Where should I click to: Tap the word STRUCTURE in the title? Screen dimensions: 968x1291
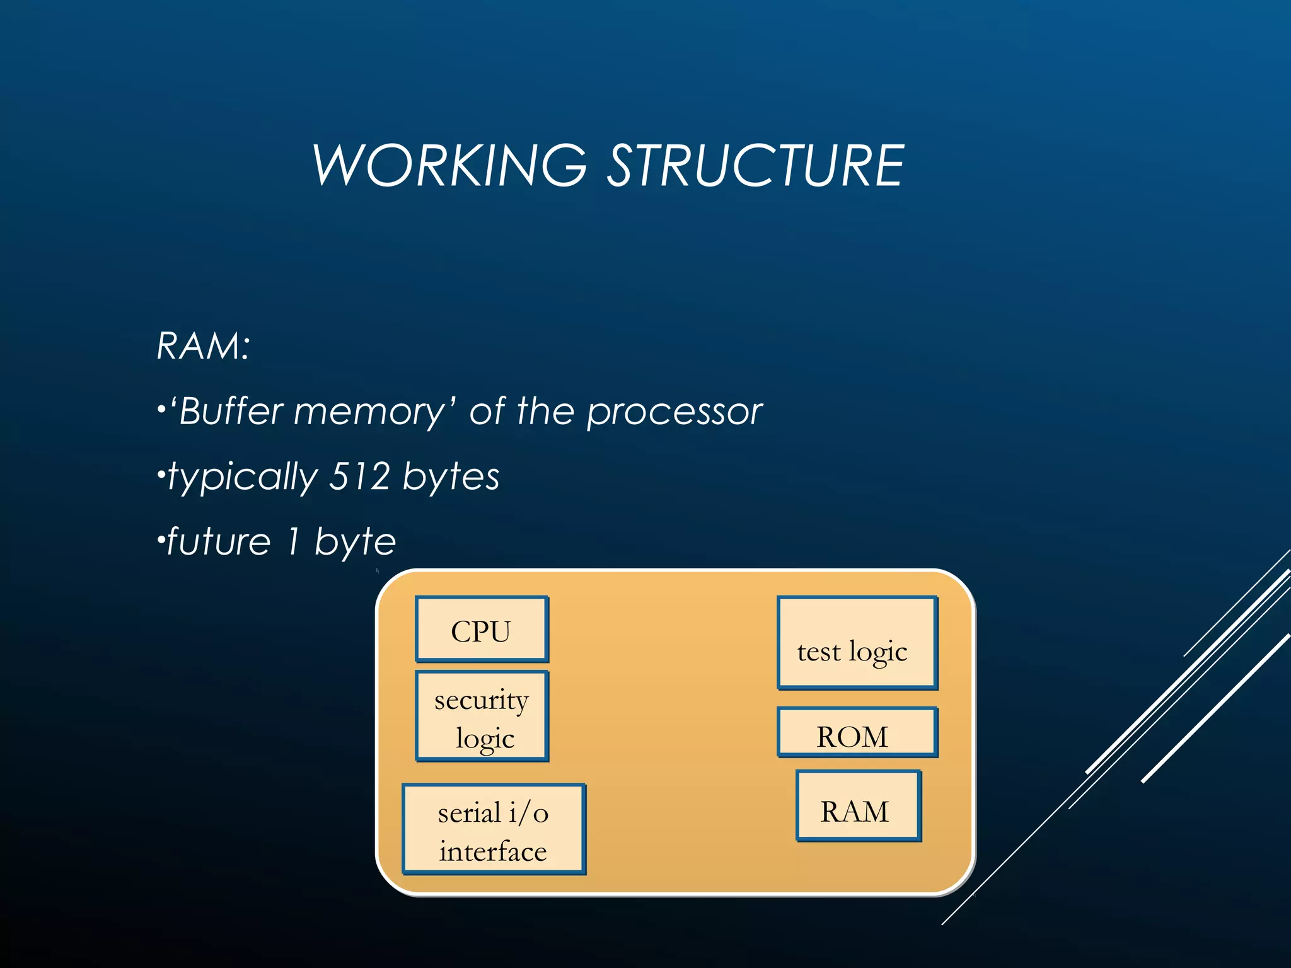[755, 165]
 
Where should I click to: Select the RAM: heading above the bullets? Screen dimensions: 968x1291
[203, 346]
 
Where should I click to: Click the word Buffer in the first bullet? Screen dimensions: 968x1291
[231, 412]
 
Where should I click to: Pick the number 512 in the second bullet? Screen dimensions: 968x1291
[359, 476]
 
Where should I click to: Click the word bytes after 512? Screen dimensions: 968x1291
[451, 477]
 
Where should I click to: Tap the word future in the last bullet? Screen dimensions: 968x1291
[219, 541]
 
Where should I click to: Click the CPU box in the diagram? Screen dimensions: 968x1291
[482, 630]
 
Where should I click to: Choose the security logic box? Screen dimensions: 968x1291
[482, 717]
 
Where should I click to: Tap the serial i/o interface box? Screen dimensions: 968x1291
[494, 829]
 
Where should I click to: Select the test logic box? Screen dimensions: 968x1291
[857, 643]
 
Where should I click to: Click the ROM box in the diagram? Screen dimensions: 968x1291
[857, 733]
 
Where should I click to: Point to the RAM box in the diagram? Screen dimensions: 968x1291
[858, 806]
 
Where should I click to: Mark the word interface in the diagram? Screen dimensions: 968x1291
[493, 851]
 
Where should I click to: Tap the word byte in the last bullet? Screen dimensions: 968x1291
[355, 542]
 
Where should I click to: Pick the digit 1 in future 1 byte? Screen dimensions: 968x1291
[292, 541]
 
